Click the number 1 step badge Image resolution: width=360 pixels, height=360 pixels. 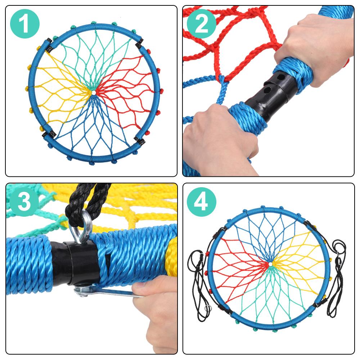coord(25,24)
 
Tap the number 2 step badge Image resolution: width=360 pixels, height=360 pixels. coord(201,24)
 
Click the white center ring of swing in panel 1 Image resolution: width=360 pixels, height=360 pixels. coord(94,93)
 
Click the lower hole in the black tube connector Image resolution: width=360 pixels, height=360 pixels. coord(267,90)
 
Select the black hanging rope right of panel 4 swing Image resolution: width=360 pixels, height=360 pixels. coord(337,278)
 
